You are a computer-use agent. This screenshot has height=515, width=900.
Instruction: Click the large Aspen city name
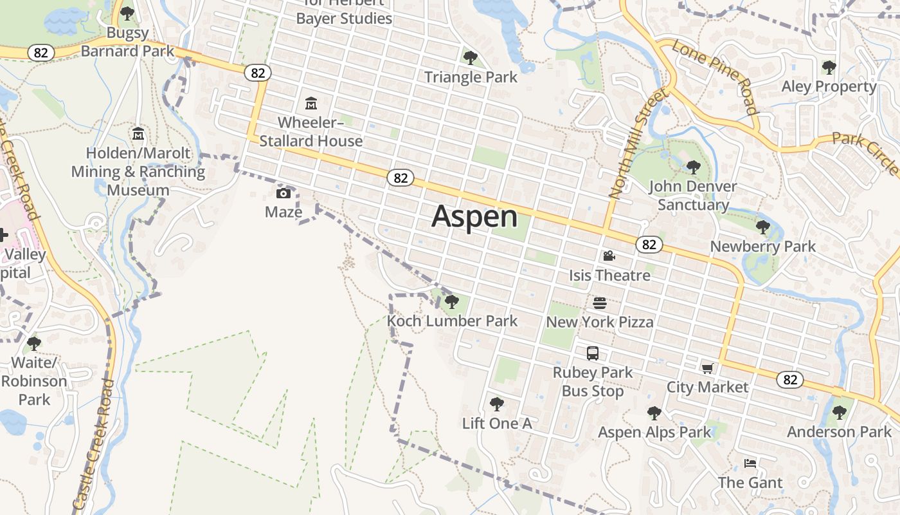(x=474, y=216)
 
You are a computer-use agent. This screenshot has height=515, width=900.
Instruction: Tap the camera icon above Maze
(x=283, y=193)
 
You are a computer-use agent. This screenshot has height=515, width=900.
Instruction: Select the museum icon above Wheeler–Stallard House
(x=311, y=103)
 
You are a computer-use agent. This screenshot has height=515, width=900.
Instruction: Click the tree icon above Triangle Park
(x=471, y=58)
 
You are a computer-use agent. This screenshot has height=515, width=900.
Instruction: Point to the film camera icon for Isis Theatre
(x=609, y=256)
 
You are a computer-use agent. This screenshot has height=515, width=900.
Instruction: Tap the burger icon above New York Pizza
(x=599, y=303)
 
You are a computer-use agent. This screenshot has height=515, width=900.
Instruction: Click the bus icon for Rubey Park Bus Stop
(x=593, y=353)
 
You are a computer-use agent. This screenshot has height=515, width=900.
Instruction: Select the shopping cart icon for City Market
(x=707, y=368)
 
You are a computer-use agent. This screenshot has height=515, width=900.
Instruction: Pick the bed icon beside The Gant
(x=750, y=463)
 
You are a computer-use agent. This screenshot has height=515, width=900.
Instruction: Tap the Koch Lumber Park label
(x=452, y=321)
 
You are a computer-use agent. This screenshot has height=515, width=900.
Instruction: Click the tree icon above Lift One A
(x=496, y=404)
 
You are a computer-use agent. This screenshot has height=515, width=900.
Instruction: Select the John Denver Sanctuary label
(x=692, y=196)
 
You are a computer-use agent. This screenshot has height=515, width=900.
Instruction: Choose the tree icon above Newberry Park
(x=763, y=227)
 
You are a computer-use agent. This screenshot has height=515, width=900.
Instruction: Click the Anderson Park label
(x=839, y=431)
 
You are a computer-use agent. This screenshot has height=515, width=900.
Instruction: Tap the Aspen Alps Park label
(x=654, y=432)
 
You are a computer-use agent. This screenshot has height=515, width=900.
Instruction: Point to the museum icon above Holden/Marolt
(x=138, y=134)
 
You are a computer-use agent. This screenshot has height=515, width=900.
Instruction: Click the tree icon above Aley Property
(x=829, y=67)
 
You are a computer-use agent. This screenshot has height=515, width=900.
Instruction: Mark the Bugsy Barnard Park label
(x=127, y=42)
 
